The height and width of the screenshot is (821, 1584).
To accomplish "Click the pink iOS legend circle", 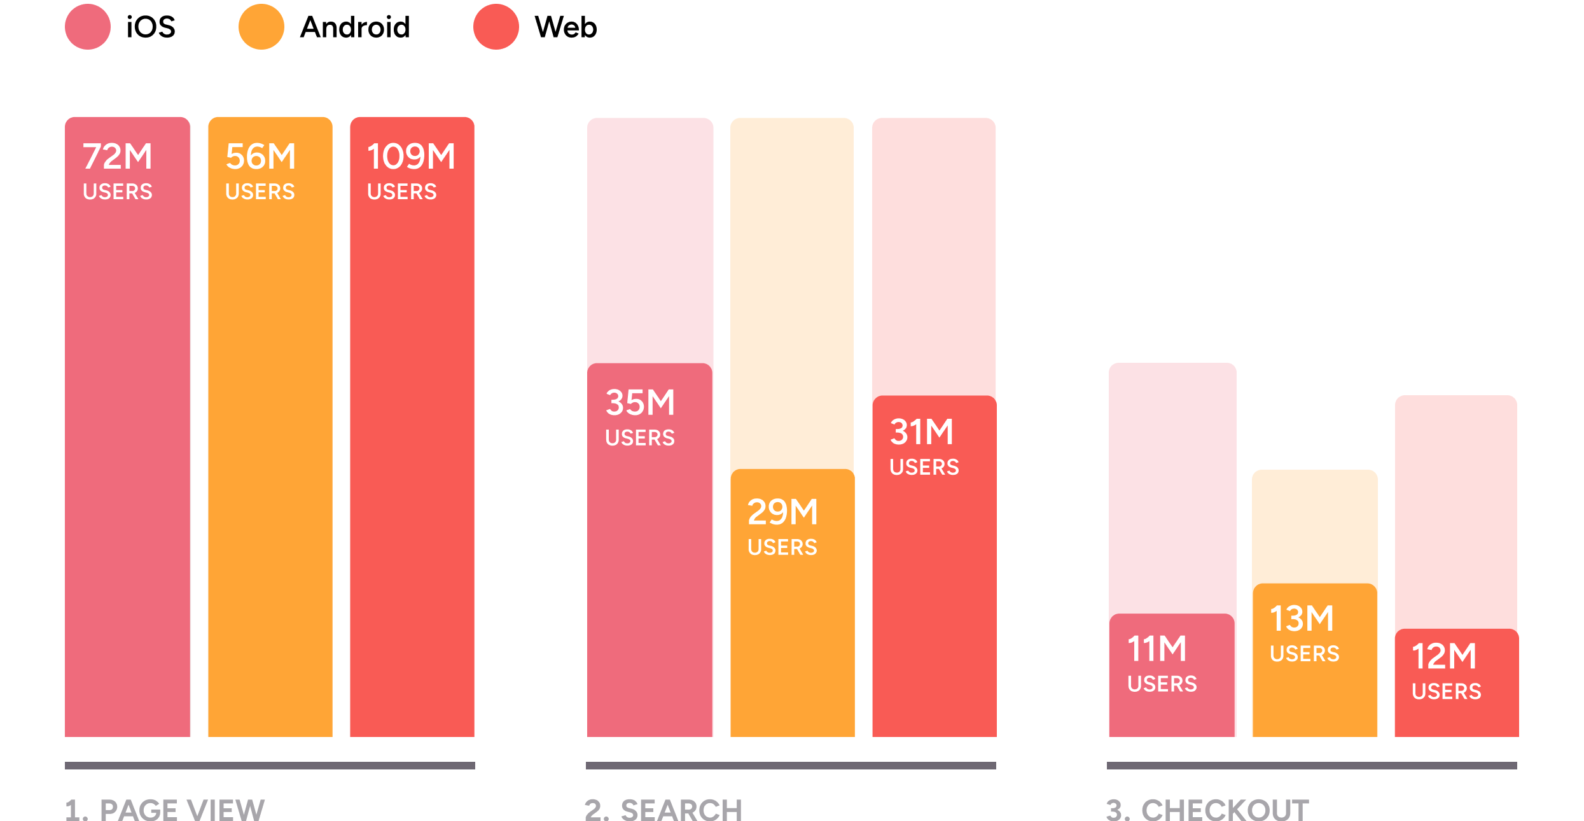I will tap(88, 27).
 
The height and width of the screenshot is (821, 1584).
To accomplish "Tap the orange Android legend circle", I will tap(261, 27).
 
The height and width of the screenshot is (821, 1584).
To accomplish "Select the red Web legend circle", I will tap(496, 27).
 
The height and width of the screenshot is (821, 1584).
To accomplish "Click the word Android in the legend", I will tap(354, 27).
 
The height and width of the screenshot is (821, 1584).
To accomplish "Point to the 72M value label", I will tap(118, 157).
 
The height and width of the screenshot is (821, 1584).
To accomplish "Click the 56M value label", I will tap(261, 157).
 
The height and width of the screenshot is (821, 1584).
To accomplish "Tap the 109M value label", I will tap(411, 157).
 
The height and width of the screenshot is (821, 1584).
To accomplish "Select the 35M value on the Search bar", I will tap(640, 403).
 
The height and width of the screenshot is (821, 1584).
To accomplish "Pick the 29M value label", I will tap(782, 512).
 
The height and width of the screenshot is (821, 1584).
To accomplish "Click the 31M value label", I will tap(922, 432).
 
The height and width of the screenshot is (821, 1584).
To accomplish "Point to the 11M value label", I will tap(1157, 649).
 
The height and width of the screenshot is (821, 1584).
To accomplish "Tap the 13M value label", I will tap(1302, 619).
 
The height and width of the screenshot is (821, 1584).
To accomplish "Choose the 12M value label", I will tap(1444, 657).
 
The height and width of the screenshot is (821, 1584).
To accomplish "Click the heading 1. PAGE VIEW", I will tap(165, 810).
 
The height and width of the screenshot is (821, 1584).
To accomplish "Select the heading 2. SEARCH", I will tap(663, 810).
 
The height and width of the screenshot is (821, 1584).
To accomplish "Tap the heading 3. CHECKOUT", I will tap(1207, 810).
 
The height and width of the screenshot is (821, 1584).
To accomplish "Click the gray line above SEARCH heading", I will tap(791, 766).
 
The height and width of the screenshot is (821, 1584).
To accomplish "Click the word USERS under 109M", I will tap(402, 192).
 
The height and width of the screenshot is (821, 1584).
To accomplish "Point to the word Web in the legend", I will tap(566, 27).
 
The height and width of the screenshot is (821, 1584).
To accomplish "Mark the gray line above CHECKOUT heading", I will tap(1312, 766).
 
